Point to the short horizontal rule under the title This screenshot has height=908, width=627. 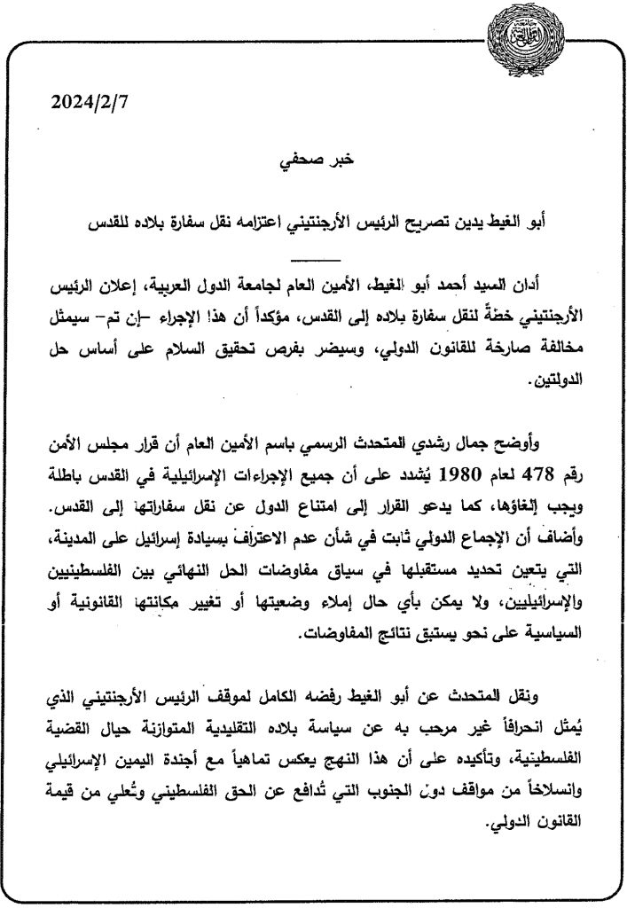314,258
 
